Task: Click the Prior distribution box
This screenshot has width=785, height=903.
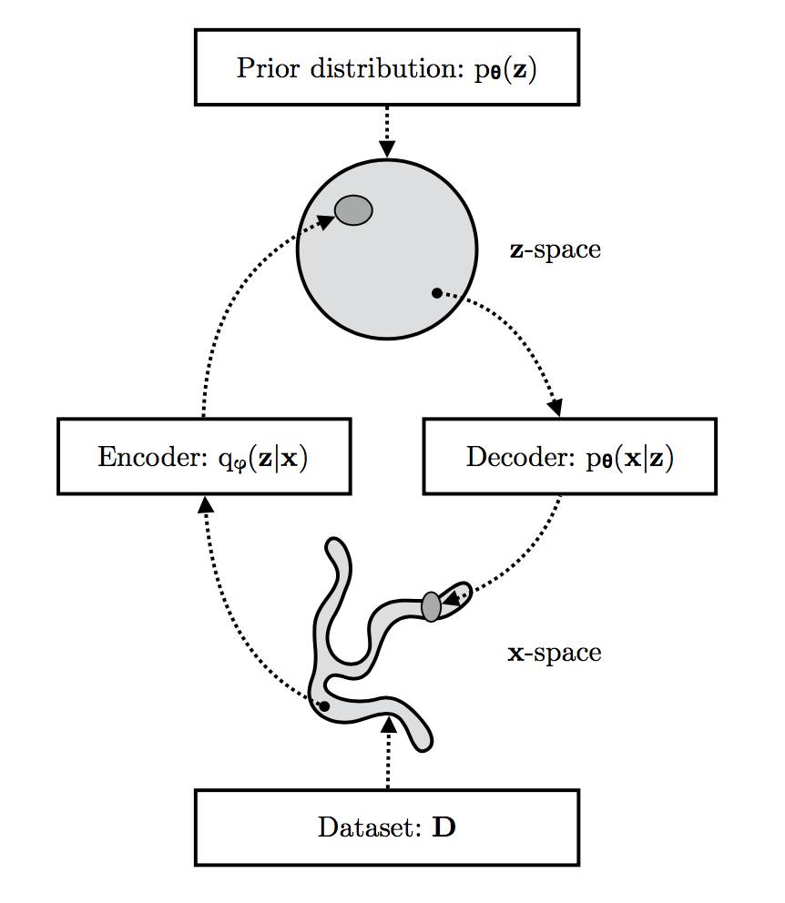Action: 387,69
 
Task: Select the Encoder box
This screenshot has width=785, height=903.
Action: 204,456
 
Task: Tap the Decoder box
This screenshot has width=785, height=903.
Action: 569,456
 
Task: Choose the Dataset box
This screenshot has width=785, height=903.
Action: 387,827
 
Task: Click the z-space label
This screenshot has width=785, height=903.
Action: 556,249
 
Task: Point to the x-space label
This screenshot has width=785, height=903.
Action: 554,652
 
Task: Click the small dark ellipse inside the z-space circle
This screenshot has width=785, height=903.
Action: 353,210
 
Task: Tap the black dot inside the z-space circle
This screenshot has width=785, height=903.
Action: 436,293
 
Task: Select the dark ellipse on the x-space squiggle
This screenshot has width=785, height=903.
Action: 432,605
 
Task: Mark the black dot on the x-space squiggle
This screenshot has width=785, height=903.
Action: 324,705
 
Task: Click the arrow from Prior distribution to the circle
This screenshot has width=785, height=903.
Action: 387,132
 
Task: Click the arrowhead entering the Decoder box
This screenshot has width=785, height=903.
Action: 554,408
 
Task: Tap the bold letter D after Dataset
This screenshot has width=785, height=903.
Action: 443,828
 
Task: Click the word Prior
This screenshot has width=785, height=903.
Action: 264,69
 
